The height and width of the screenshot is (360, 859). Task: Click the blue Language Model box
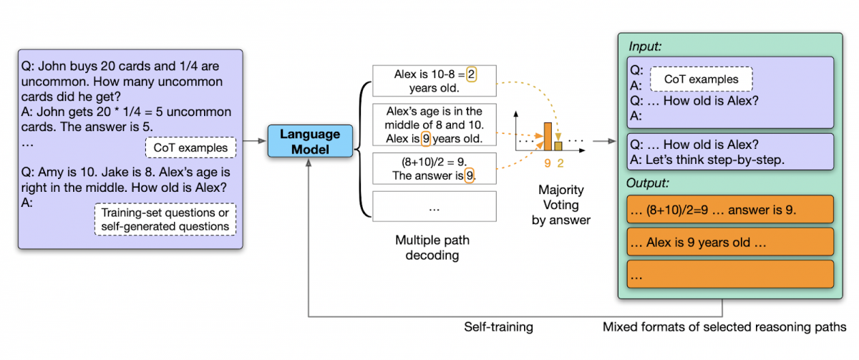click(x=311, y=141)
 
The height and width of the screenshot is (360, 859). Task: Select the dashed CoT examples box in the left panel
click(x=190, y=148)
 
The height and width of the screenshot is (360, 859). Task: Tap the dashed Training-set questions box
click(x=165, y=220)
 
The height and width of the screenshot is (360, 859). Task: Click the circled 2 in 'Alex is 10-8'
click(x=471, y=74)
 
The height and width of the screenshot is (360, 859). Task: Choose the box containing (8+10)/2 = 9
click(x=435, y=167)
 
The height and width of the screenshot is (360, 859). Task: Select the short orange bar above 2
click(x=559, y=145)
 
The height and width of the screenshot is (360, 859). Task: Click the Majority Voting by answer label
click(x=560, y=205)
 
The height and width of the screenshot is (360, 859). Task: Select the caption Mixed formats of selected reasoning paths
click(x=724, y=327)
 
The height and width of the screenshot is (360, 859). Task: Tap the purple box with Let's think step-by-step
click(x=729, y=151)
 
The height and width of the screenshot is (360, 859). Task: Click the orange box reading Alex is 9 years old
click(x=729, y=243)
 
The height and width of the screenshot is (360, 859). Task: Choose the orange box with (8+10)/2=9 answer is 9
click(x=729, y=210)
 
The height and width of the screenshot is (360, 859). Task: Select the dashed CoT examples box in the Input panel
click(x=701, y=79)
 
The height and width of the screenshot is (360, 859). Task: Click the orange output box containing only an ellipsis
click(x=729, y=274)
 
